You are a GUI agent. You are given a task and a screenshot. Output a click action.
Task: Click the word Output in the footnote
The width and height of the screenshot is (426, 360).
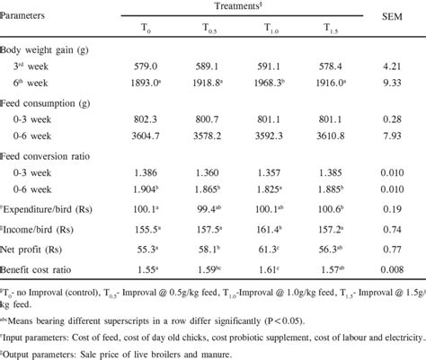point(22,352)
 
